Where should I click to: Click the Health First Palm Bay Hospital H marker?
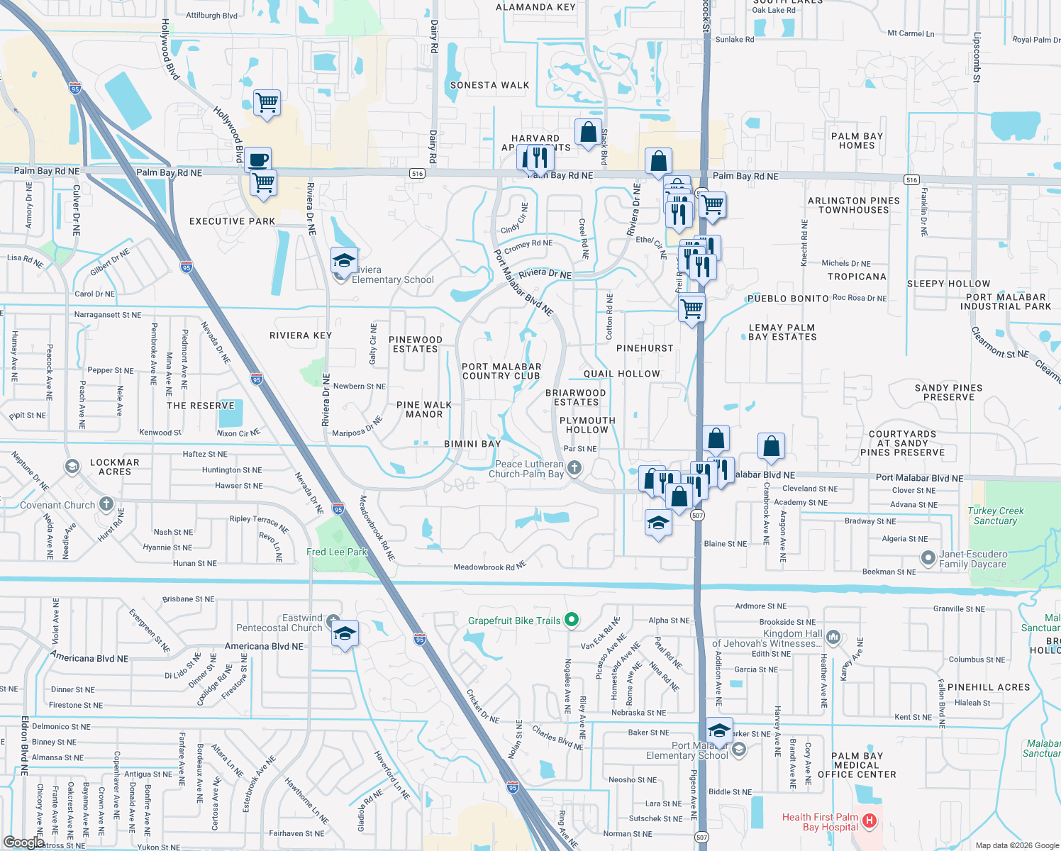tap(870, 821)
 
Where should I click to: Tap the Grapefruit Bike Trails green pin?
tap(572, 620)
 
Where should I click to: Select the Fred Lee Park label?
tap(337, 552)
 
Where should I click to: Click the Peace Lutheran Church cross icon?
tap(574, 467)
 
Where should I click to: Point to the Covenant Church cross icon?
tap(106, 504)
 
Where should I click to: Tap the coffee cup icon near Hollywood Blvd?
tap(259, 160)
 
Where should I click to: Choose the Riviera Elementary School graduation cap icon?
tap(344, 262)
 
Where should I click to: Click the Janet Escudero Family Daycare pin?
tap(928, 558)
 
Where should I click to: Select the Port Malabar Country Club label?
tap(501, 371)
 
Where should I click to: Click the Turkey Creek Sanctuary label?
tap(996, 516)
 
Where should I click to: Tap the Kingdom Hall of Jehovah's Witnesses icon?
tap(833, 638)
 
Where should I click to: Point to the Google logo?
tap(23, 842)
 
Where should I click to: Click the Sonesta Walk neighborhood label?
tap(489, 85)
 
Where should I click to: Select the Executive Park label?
tap(232, 221)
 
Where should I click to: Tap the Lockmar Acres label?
tap(115, 467)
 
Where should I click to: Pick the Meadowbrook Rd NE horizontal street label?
tap(490, 566)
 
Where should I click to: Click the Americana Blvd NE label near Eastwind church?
tap(264, 646)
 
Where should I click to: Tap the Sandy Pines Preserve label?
tap(948, 392)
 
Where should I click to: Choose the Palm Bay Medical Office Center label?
tap(857, 765)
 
